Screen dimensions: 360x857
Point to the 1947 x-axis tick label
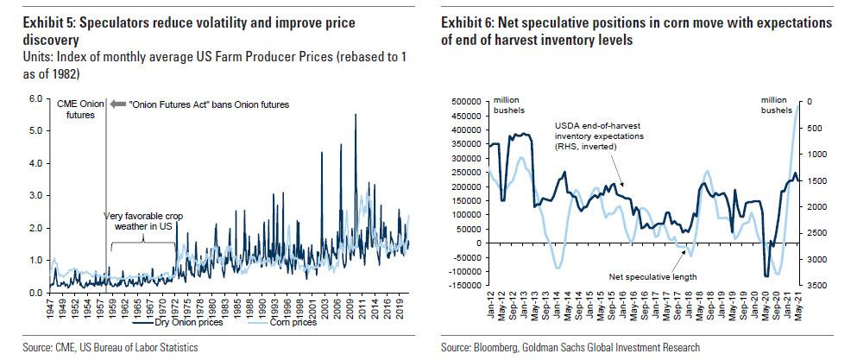click(54, 309)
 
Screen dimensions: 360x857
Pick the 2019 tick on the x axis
click(401, 309)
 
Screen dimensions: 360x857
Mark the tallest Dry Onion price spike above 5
click(355, 115)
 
